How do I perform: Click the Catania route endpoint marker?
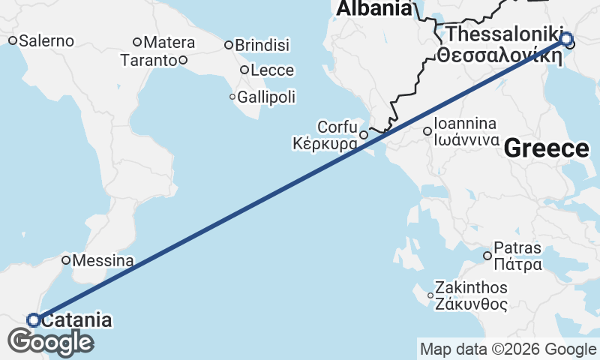point(34,320)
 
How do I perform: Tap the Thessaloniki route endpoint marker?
point(566,39)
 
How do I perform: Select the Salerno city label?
point(46,41)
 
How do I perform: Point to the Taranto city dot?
point(183,60)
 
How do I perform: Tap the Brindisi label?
point(262,46)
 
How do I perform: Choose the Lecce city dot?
point(244,70)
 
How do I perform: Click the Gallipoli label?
point(266,97)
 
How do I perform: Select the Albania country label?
point(373,9)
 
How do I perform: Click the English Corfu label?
point(337,127)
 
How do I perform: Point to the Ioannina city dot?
point(427,131)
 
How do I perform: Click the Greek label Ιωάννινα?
point(467,139)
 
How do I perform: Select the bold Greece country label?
point(546,148)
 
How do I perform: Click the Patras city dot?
point(487,256)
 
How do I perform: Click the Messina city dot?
point(66,261)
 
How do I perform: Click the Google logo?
point(50,342)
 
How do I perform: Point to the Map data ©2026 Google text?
point(508,349)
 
